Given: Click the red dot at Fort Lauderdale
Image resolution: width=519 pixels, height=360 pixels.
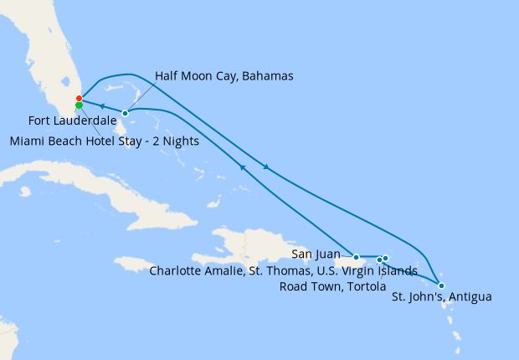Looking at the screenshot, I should [x=79, y=99].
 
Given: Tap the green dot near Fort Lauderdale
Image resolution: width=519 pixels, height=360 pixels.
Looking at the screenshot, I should [x=79, y=105].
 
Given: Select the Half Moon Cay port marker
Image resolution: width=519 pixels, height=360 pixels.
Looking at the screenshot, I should [x=125, y=113].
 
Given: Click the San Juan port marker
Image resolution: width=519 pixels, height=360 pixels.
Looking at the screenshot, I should [x=357, y=257].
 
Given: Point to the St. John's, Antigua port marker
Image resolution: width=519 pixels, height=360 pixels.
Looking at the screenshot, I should [x=441, y=285].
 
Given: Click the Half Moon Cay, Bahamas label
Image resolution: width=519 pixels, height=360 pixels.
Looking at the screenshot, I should [x=224, y=76].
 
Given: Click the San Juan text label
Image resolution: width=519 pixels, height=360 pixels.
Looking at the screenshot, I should [x=315, y=253].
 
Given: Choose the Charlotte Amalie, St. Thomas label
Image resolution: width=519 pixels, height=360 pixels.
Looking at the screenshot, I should [x=283, y=270].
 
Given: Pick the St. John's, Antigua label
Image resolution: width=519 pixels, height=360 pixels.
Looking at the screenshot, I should [x=441, y=297].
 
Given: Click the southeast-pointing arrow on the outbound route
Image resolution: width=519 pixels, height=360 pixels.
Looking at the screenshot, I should [x=266, y=167].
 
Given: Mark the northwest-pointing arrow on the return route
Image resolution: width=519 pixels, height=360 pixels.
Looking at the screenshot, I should [x=243, y=167].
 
